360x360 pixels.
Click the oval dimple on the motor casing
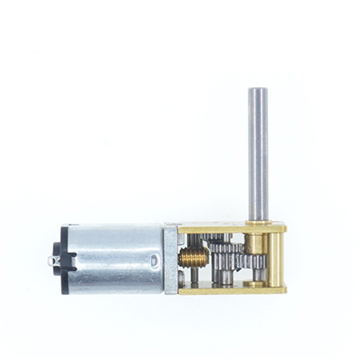pyautogui.click(x=153, y=260)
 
